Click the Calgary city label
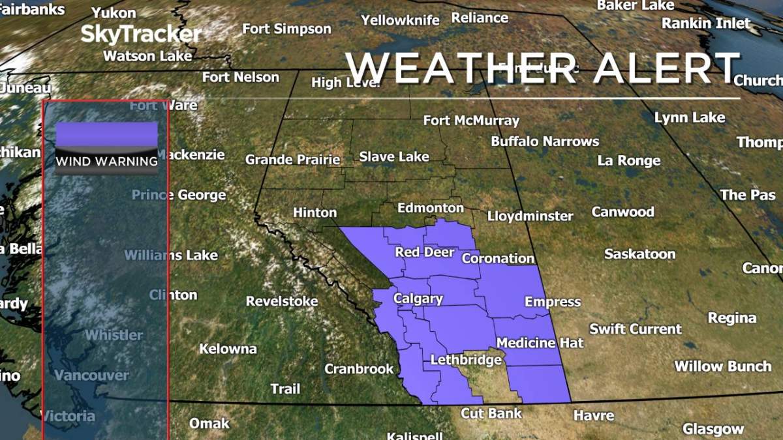pyautogui.click(x=418, y=299)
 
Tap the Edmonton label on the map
pyautogui.click(x=431, y=208)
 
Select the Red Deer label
pyautogui.click(x=424, y=252)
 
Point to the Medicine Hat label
pyautogui.click(x=540, y=342)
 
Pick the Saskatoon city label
pyautogui.click(x=639, y=254)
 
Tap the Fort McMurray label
pyautogui.click(x=471, y=121)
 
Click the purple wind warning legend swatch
pyautogui.click(x=106, y=136)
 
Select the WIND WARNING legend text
pyautogui.click(x=106, y=161)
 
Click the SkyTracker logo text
pyautogui.click(x=141, y=34)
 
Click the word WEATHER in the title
pyautogui.click(x=461, y=68)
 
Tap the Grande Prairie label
pyautogui.click(x=292, y=160)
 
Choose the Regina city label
pyautogui.click(x=732, y=318)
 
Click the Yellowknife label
pyautogui.click(x=400, y=20)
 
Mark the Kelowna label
pyautogui.click(x=228, y=349)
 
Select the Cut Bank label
pyautogui.click(x=491, y=413)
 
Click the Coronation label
pyautogui.click(x=498, y=258)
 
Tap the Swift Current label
pyautogui.click(x=636, y=329)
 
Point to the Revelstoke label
pyautogui.click(x=282, y=301)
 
